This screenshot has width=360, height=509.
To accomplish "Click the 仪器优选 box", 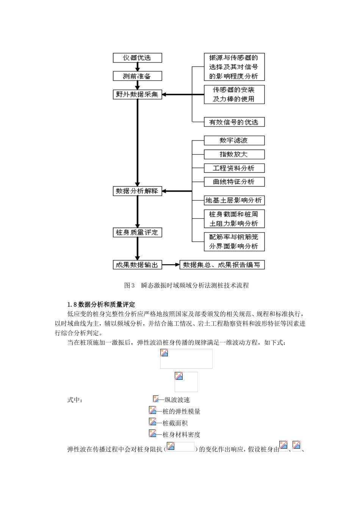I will (x=138, y=58).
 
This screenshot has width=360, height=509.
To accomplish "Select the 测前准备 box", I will (x=138, y=76).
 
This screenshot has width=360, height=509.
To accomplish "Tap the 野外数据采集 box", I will (x=138, y=94).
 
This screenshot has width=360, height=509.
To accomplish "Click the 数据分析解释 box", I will (x=138, y=191).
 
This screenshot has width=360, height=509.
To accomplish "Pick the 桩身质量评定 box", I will (x=138, y=232).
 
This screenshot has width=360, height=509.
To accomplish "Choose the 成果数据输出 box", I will (x=138, y=265).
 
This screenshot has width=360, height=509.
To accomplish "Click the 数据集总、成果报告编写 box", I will (x=222, y=265).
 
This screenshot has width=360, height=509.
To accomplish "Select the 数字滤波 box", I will (x=234, y=141).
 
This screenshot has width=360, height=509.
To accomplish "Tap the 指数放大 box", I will (x=234, y=155).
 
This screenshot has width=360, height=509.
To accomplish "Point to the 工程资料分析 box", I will (x=234, y=168).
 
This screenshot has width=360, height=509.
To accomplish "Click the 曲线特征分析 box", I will (x=234, y=182).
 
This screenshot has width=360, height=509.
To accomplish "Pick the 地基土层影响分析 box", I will (x=234, y=200).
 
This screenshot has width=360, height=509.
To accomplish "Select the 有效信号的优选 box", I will (x=234, y=122).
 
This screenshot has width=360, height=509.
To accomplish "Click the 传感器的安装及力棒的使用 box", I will (x=234, y=94).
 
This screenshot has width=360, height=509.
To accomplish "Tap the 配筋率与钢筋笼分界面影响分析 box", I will (x=234, y=242).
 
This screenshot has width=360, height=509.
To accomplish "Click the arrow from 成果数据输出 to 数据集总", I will (x=171, y=265).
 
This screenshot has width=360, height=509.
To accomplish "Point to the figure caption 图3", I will (x=186, y=286).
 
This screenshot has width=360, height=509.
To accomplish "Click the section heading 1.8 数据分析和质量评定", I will (x=101, y=304).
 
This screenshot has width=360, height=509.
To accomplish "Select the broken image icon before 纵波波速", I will (x=156, y=399).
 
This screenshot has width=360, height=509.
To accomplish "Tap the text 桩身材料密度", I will (x=181, y=435).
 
